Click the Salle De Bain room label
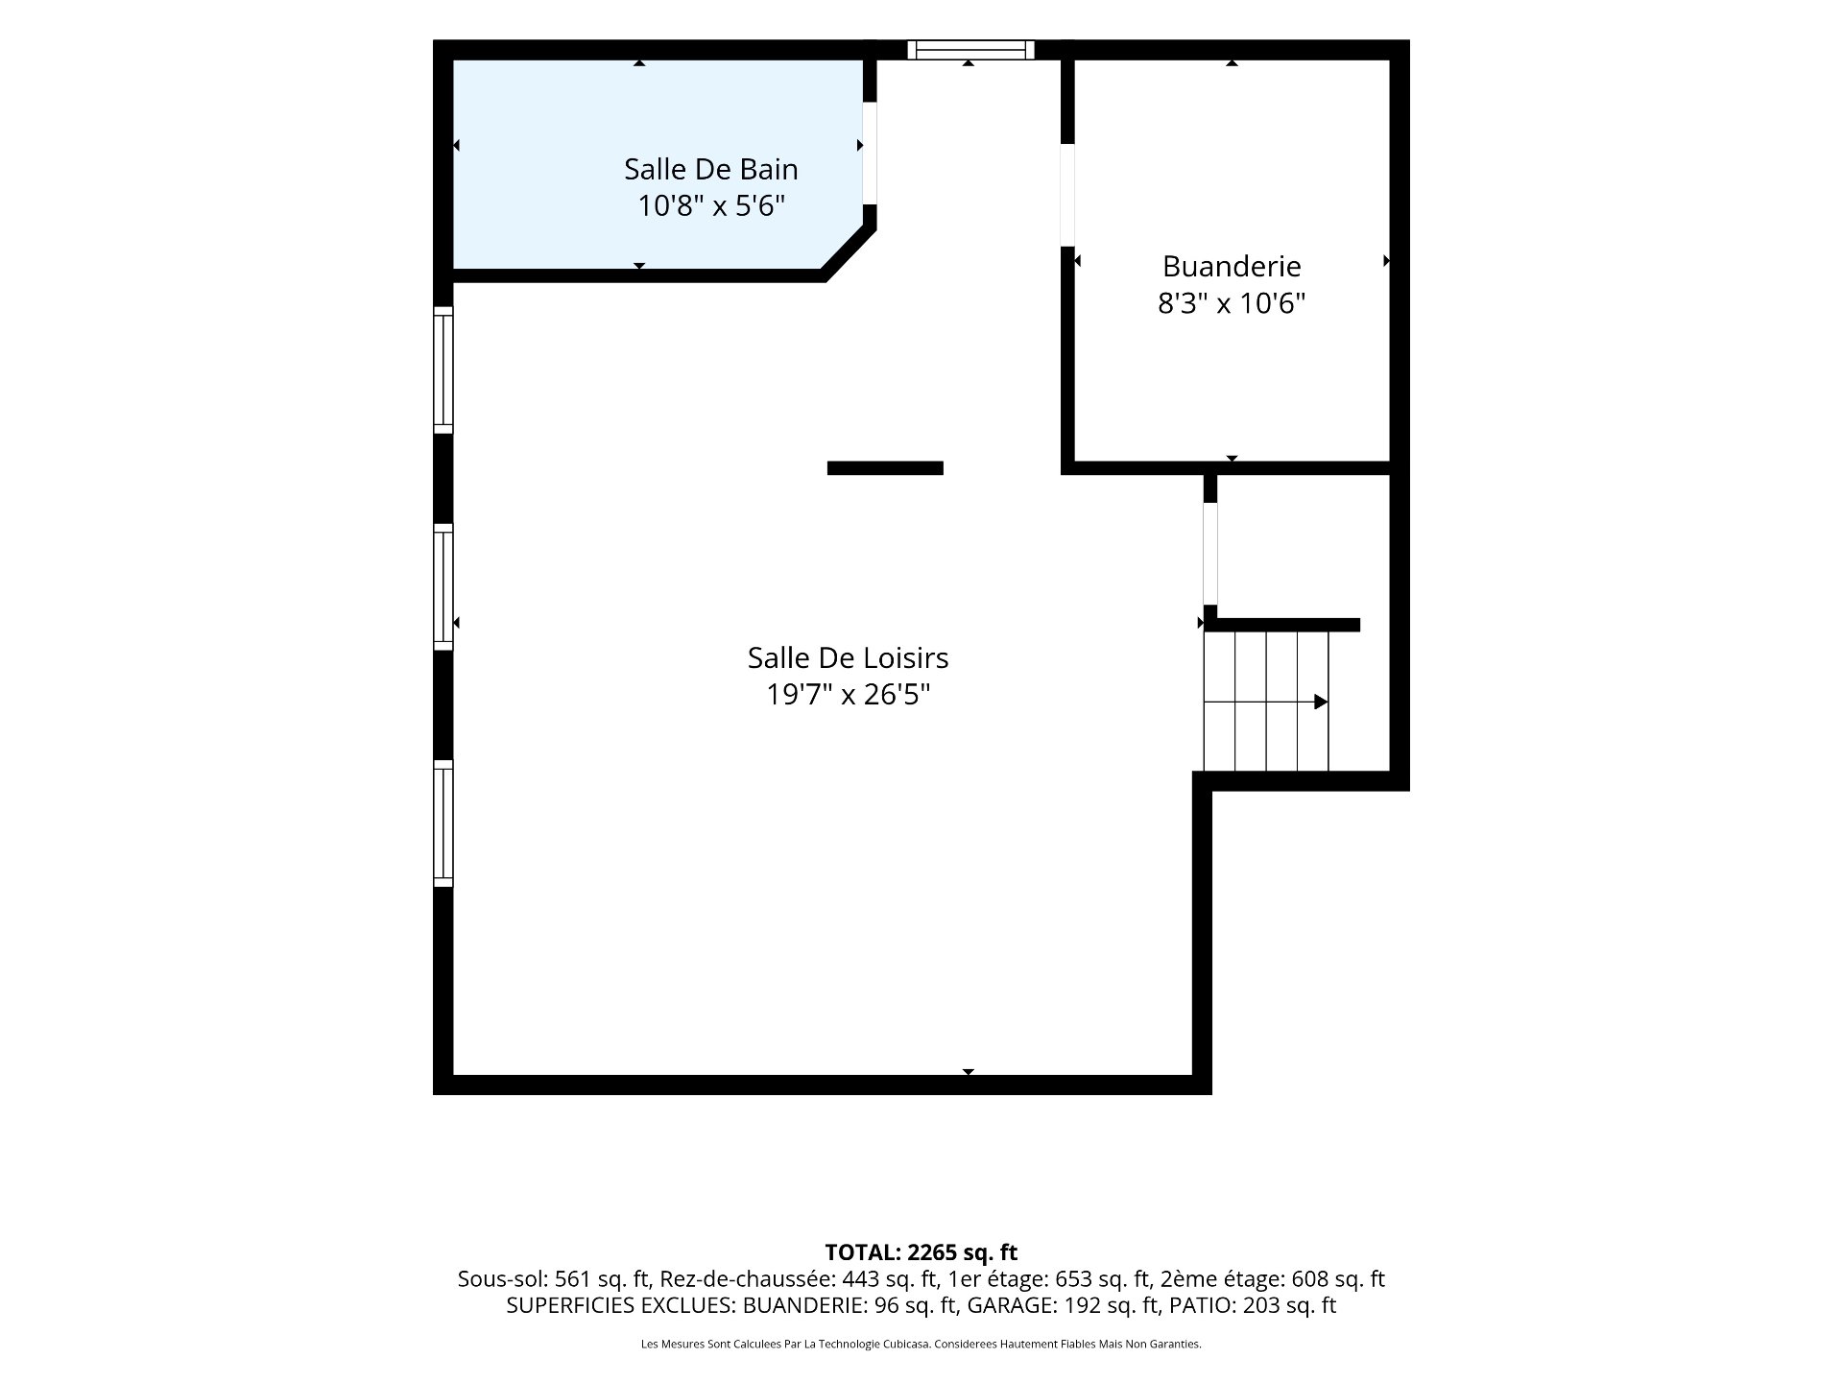point(710,170)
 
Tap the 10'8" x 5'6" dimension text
point(711,206)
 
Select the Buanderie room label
point(1232,266)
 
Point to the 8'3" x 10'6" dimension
point(1232,303)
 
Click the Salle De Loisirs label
point(848,658)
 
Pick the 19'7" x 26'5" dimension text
point(848,695)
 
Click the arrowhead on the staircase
point(1321,702)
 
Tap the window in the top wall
point(970,50)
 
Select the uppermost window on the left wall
point(443,369)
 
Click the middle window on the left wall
point(443,586)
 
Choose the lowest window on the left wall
point(443,822)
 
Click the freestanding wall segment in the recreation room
point(885,468)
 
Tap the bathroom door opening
point(870,154)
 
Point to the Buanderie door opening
point(1067,195)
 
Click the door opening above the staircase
point(1210,554)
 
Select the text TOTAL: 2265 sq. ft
point(921,1252)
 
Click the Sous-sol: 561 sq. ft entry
point(554,1279)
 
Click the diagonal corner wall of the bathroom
point(849,251)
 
